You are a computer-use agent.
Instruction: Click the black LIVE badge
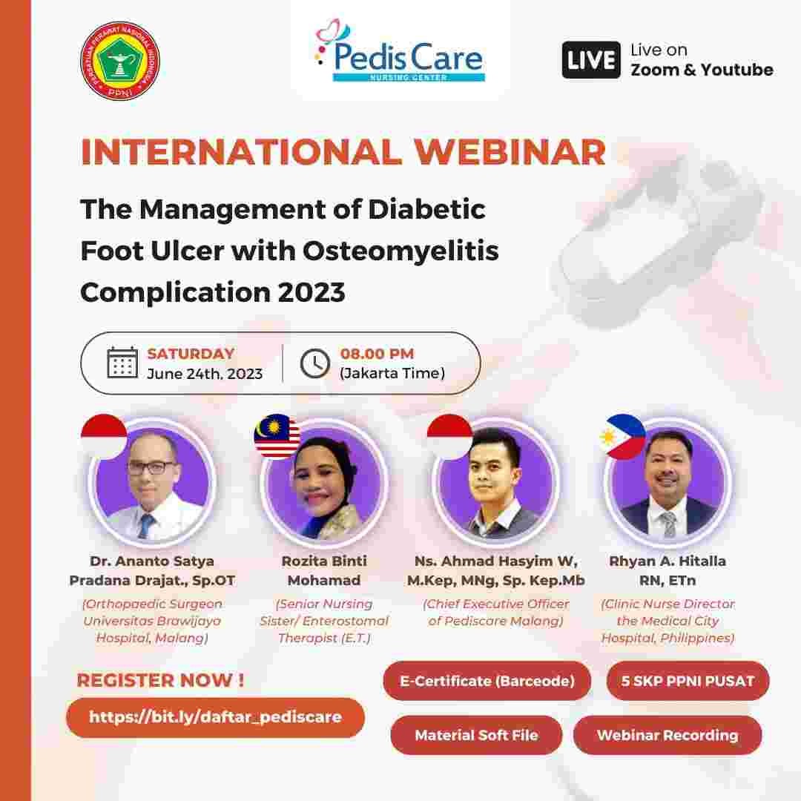(590, 60)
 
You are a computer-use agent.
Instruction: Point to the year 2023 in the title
(311, 292)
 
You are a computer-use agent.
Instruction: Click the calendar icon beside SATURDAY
(122, 363)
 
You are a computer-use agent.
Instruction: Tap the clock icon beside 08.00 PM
(314, 363)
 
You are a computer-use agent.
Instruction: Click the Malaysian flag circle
(277, 436)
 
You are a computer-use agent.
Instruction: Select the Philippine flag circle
(622, 436)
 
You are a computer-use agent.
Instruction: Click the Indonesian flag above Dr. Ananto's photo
(104, 436)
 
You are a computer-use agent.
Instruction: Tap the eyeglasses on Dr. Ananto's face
(151, 468)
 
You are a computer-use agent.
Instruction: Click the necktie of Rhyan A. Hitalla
(668, 524)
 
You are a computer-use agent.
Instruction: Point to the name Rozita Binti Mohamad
(323, 570)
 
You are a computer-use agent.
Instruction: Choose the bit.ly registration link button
(215, 717)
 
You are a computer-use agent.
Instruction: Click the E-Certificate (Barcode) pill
(487, 681)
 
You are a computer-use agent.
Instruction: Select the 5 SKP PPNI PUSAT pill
(688, 681)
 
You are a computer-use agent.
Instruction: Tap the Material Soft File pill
(476, 736)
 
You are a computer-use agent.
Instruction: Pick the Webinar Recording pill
(667, 736)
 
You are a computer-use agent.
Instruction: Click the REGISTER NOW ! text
(160, 680)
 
